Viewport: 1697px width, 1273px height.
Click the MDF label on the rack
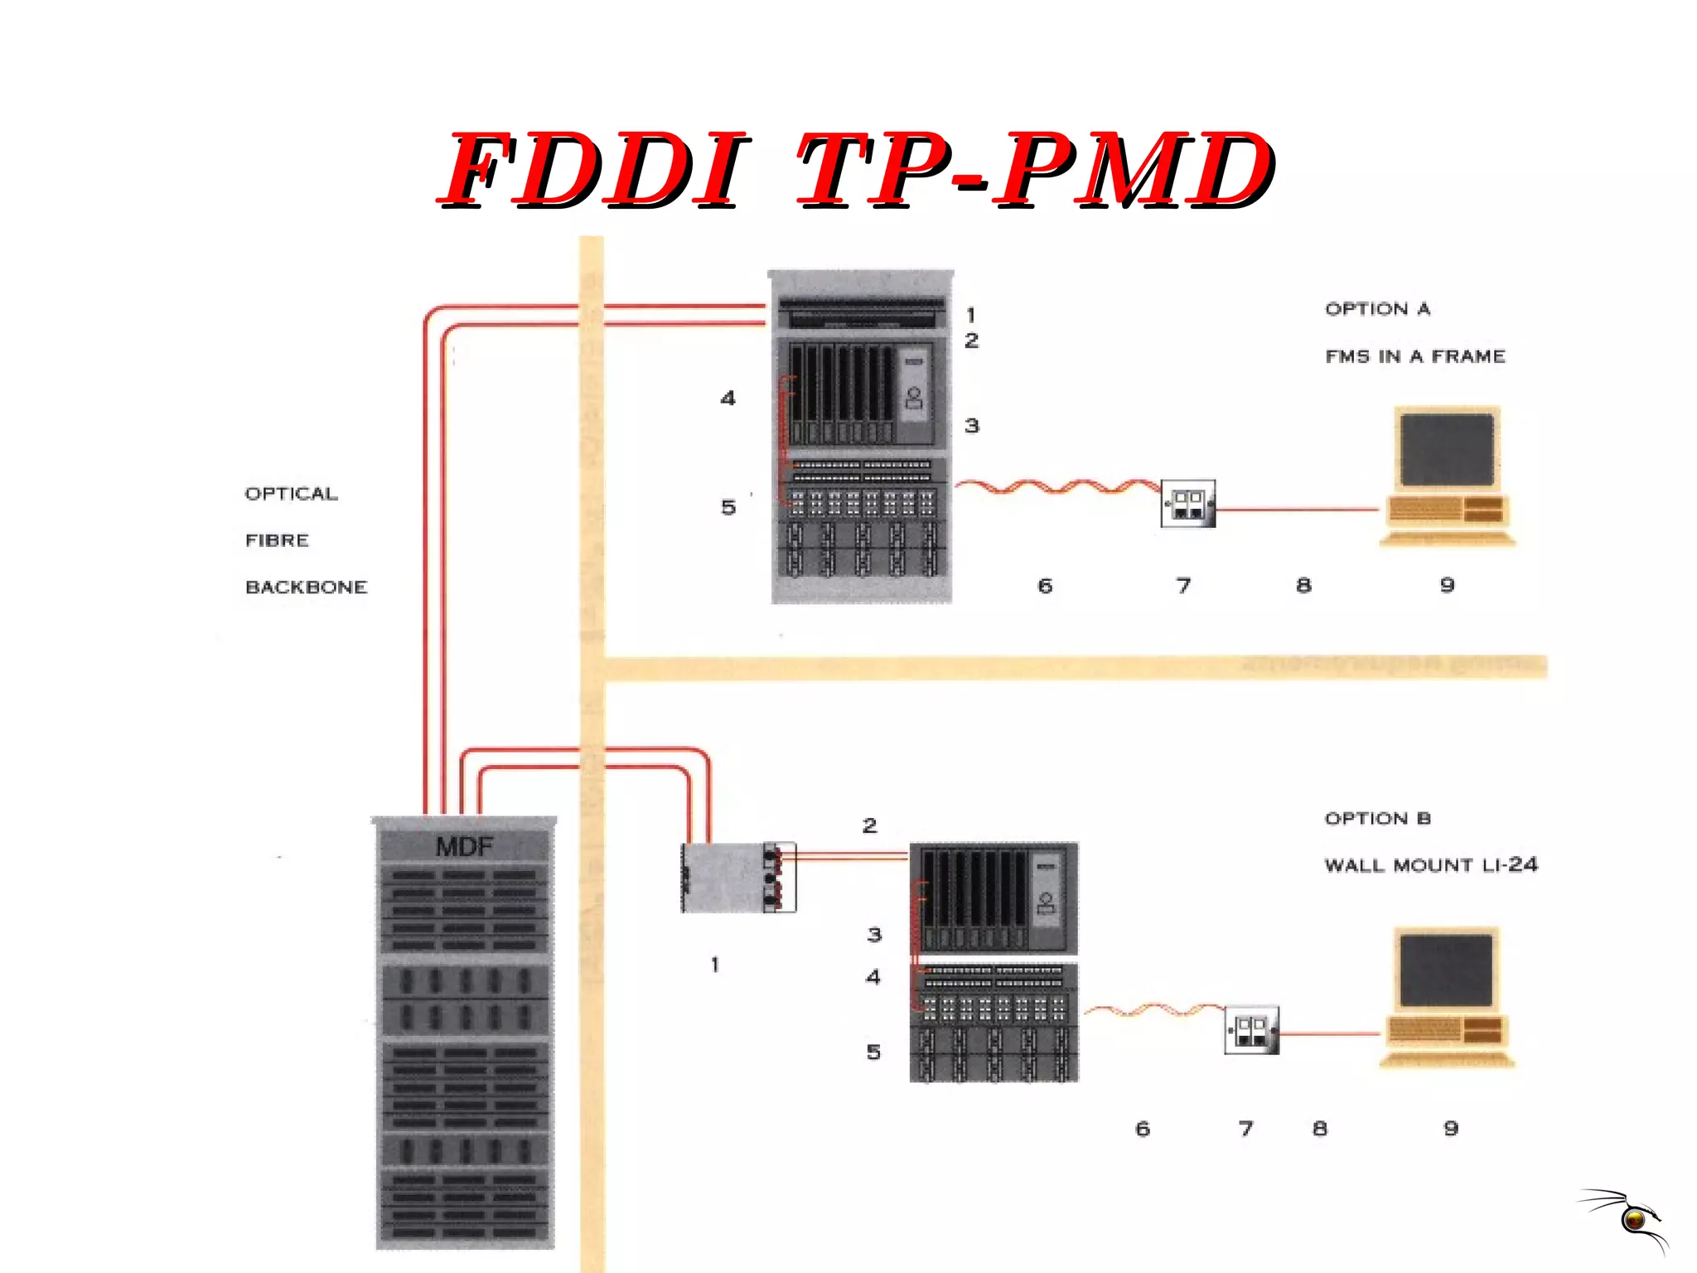[464, 846]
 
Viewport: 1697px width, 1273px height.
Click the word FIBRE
[277, 540]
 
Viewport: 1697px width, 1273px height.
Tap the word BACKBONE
[306, 587]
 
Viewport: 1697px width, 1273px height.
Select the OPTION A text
[1377, 309]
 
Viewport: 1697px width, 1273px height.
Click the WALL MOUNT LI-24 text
[1430, 865]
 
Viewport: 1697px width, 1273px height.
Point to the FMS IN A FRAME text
[1414, 356]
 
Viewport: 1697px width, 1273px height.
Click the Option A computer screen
[1447, 449]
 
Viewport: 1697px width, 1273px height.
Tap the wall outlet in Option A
[1187, 503]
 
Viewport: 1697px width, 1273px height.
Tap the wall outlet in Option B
[1251, 1030]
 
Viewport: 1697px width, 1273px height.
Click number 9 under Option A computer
[1447, 585]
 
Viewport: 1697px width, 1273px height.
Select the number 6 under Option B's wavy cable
[1143, 1128]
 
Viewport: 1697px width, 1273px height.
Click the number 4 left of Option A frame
[728, 399]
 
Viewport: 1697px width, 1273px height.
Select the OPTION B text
[1377, 819]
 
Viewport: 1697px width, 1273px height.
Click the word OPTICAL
[291, 494]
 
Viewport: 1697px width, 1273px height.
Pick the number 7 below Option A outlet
[1183, 586]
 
